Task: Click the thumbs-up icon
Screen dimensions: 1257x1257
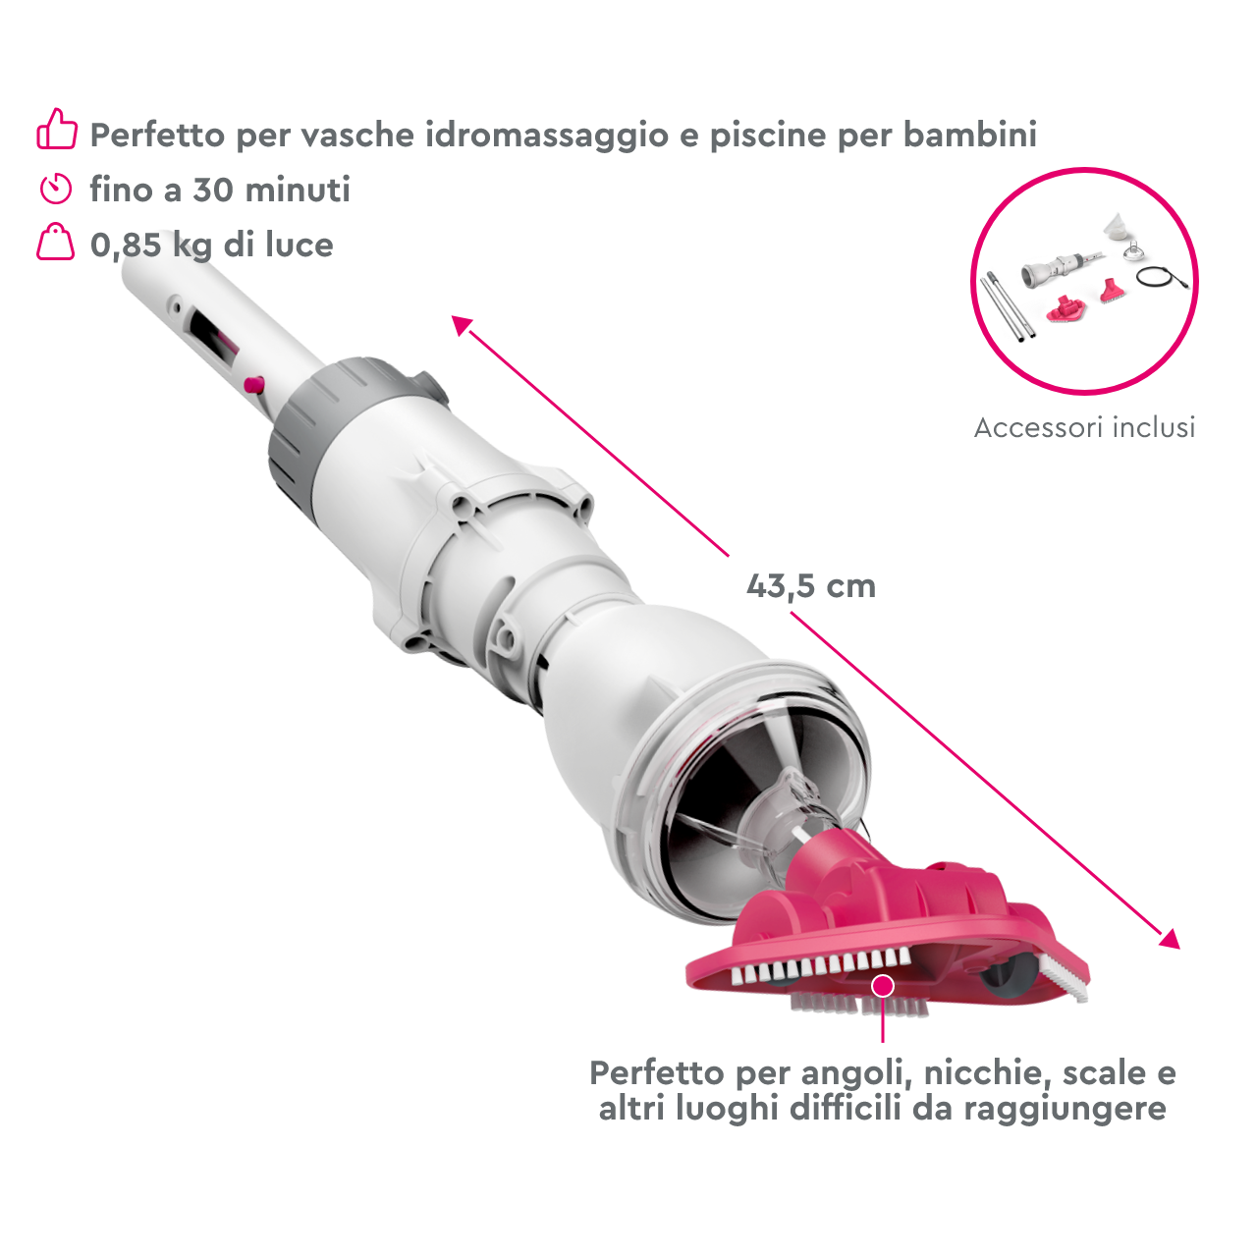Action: pyautogui.click(x=57, y=130)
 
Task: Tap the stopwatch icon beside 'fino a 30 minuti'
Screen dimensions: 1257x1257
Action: pyautogui.click(x=56, y=188)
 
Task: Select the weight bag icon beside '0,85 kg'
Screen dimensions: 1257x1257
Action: pyautogui.click(x=56, y=243)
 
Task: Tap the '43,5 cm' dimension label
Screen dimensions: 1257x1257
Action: pyautogui.click(x=810, y=586)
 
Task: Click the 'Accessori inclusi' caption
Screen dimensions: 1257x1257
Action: pyautogui.click(x=1084, y=427)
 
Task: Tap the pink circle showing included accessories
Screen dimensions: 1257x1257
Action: pyautogui.click(x=1084, y=281)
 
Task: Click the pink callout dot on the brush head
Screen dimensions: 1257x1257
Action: pyautogui.click(x=883, y=985)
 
